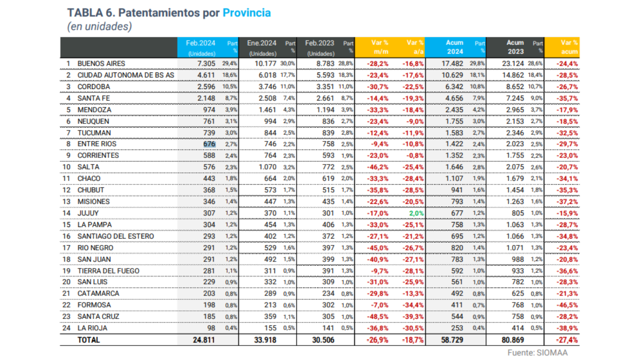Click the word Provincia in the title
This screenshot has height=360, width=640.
[246, 12]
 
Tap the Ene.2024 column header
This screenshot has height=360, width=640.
[262, 47]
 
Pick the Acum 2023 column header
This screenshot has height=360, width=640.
[515, 47]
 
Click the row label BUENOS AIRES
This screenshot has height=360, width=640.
[101, 63]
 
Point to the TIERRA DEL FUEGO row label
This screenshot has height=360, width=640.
[108, 271]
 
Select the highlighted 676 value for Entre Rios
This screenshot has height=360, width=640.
[209, 144]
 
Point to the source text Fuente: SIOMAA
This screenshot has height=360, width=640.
[537, 352]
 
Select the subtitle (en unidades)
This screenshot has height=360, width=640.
[99, 27]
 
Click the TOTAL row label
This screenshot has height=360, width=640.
[88, 340]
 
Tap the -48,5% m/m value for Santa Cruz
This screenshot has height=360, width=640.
[377, 317]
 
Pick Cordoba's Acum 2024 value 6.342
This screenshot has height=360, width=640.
[453, 86]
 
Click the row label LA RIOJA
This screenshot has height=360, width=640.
[92, 328]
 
